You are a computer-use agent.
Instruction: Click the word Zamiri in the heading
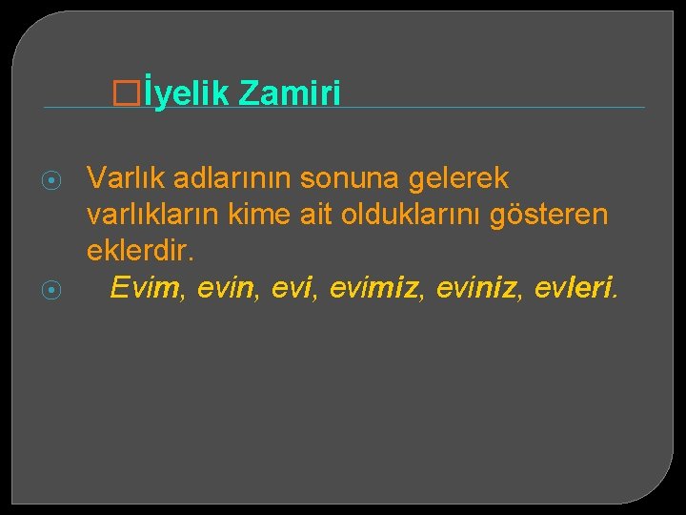point(290,93)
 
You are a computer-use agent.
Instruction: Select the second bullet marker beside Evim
point(53,290)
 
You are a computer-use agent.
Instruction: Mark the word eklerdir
point(141,251)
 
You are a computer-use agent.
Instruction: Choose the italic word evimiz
point(372,287)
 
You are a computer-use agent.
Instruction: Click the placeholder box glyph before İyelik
point(148,93)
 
